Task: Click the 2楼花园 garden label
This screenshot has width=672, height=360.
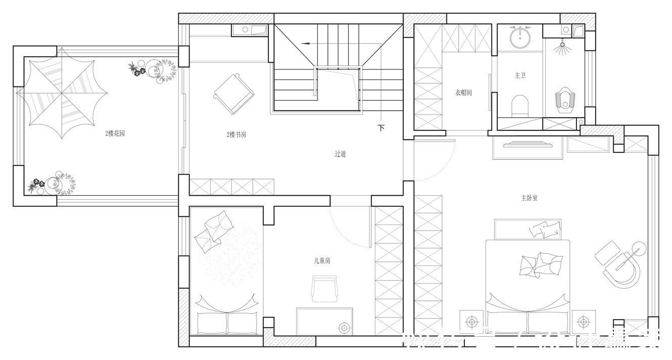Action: [115, 134]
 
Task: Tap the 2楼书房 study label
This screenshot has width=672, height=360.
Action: [236, 135]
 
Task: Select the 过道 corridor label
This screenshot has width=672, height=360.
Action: [341, 154]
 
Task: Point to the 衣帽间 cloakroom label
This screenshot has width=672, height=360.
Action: [463, 93]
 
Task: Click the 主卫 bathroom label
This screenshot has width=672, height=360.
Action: [520, 75]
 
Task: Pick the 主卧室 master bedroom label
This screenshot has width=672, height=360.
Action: [529, 198]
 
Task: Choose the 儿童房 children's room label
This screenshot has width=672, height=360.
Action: [322, 261]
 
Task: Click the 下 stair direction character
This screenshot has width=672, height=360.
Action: [381, 128]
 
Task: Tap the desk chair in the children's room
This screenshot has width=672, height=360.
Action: [324, 289]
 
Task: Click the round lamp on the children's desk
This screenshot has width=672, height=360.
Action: [345, 328]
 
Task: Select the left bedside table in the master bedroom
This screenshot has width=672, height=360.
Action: [472, 321]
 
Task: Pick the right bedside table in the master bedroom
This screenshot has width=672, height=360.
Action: [584, 321]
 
